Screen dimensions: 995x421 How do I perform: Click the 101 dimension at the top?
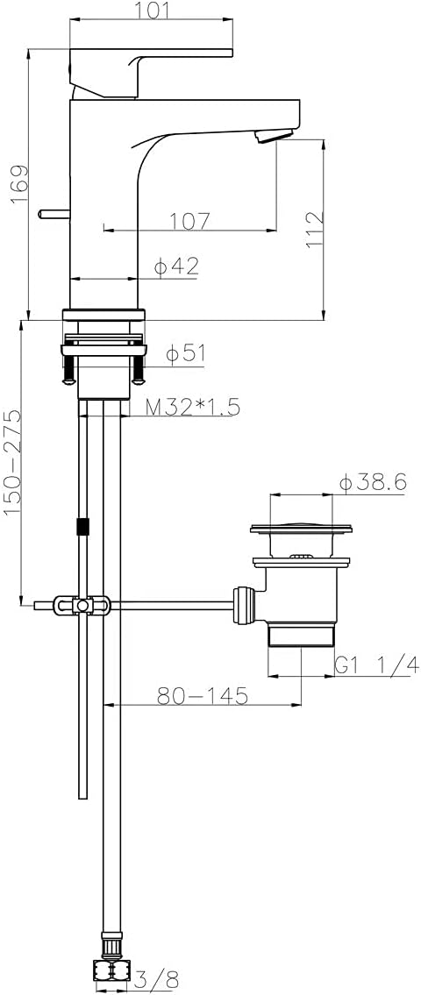[x=151, y=11]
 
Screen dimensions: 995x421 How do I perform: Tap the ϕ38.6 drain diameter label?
[x=374, y=482]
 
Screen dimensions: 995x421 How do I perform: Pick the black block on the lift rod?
[x=83, y=527]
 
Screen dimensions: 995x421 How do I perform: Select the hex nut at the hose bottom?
[x=111, y=970]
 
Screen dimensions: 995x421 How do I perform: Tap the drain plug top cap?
[x=302, y=529]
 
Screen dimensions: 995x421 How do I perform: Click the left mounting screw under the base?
[x=68, y=371]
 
